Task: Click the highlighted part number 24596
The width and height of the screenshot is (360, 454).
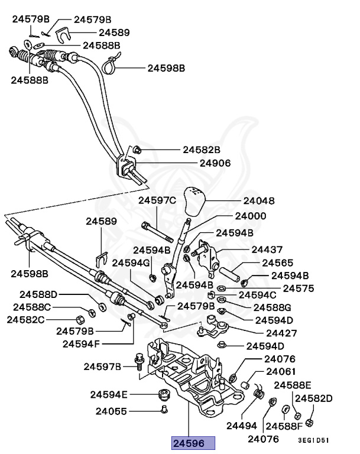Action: tap(193, 443)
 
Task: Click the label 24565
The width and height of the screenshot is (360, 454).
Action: tap(278, 262)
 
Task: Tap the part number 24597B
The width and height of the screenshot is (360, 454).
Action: tap(102, 367)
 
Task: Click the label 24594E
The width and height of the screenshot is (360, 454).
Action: tap(109, 394)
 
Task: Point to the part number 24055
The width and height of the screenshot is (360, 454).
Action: tap(112, 410)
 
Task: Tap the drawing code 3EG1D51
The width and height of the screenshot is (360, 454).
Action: tap(313, 440)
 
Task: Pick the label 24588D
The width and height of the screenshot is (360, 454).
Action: tap(39, 294)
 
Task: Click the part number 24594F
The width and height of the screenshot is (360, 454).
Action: tap(82, 343)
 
